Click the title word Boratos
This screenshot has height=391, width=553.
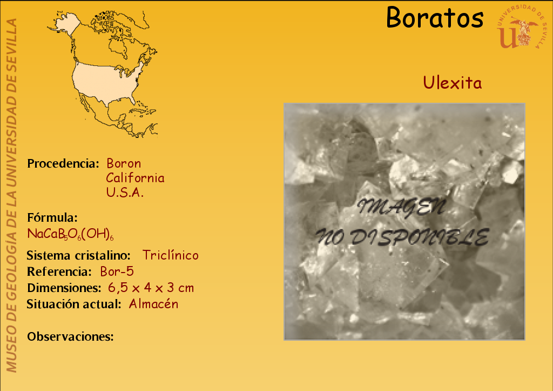(x=435, y=17)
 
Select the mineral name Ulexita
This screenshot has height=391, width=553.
(x=452, y=83)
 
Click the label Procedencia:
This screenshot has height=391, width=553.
(x=63, y=163)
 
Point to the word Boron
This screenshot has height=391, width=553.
(x=124, y=163)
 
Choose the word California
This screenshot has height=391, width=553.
(x=135, y=178)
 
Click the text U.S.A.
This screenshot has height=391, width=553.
(x=125, y=192)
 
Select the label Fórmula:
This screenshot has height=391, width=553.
(x=52, y=217)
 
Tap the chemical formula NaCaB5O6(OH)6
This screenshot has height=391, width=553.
(x=70, y=234)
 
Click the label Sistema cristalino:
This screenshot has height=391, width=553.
(x=79, y=255)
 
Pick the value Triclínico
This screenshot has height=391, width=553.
(x=170, y=255)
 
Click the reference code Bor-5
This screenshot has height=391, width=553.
(x=117, y=271)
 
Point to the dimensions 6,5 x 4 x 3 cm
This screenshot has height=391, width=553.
(x=151, y=288)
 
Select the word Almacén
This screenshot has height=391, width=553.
(x=153, y=304)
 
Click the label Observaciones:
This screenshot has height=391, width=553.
(x=70, y=336)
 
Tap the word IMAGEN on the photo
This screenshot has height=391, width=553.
(x=401, y=207)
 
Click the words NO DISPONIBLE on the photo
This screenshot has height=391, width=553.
(x=402, y=237)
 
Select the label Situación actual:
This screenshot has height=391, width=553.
(x=74, y=304)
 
